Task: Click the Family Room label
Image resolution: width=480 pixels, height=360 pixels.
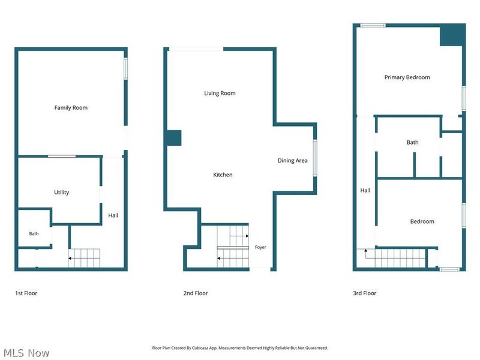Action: [71, 108]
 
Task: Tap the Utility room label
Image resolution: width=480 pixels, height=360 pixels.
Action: [62, 192]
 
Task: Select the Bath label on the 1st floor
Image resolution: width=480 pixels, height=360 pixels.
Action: [34, 233]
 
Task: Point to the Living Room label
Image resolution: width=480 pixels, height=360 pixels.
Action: [220, 93]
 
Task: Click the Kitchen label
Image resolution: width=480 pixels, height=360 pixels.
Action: [223, 175]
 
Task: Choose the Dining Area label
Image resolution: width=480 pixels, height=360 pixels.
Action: [292, 160]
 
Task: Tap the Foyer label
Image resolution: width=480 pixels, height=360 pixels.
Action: [260, 247]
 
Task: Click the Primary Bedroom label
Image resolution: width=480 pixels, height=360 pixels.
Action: [407, 77]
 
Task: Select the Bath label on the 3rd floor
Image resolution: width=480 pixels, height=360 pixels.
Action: [412, 142]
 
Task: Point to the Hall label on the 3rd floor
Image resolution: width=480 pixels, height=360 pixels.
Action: [365, 190]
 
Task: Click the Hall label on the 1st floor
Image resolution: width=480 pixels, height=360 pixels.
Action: [113, 215]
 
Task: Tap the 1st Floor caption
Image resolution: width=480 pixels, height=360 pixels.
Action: [26, 293]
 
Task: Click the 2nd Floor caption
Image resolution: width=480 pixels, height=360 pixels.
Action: [196, 293]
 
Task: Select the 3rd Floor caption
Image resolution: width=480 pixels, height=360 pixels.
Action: [365, 293]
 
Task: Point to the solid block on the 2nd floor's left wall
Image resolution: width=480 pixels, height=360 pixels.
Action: [174, 138]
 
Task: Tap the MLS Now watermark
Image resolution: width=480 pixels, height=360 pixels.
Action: [26, 353]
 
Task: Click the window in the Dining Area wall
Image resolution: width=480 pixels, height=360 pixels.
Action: [314, 158]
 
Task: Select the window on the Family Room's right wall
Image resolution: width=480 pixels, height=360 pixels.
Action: [125, 69]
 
